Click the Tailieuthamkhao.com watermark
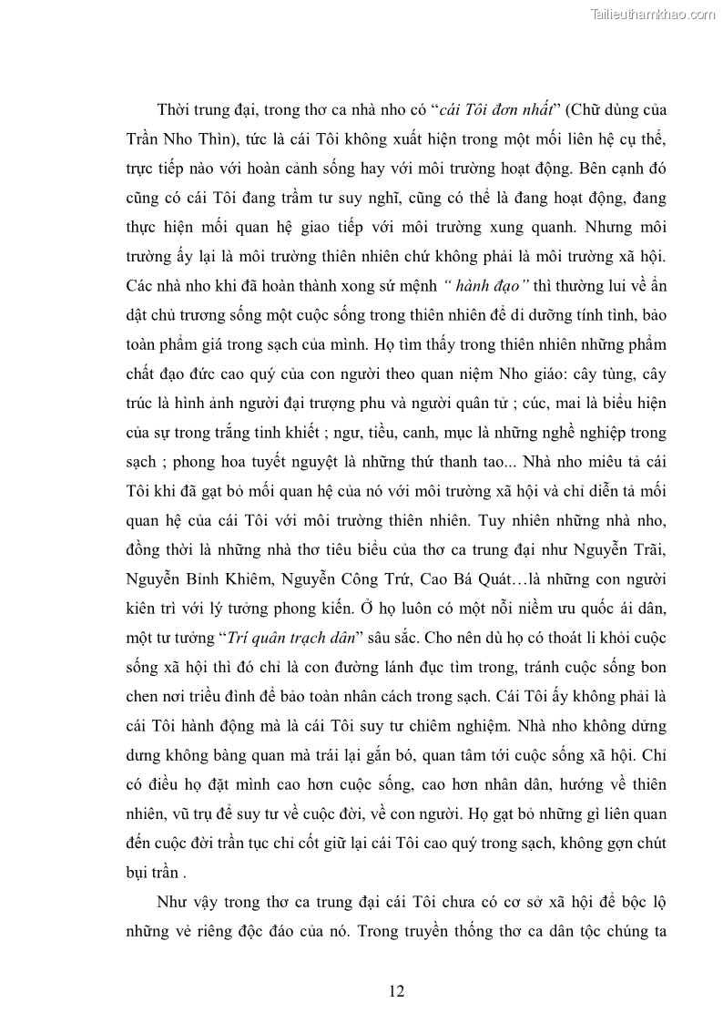pyautogui.click(x=653, y=14)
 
